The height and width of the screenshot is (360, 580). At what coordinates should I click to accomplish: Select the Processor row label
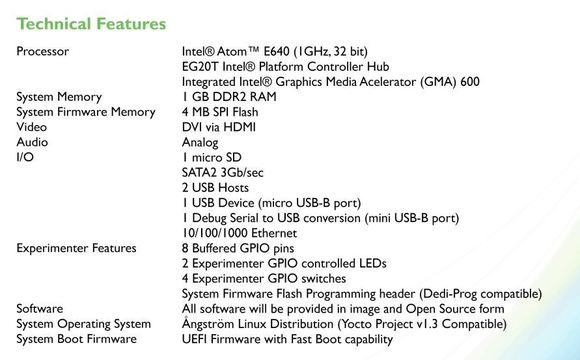42,49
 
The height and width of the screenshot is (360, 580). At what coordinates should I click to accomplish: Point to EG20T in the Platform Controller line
201,65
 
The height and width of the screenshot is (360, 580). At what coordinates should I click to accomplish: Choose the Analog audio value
201,143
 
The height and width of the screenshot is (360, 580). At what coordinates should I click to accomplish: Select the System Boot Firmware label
75,341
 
